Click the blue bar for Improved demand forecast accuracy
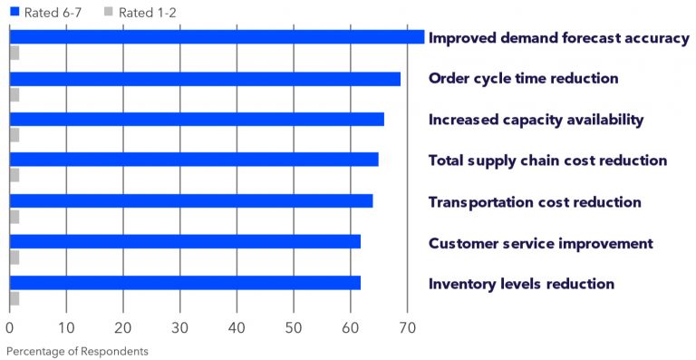(x=217, y=37)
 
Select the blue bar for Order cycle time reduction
(x=205, y=79)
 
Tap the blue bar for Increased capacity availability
(x=197, y=120)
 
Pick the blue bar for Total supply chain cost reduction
(x=194, y=160)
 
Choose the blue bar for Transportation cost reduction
(x=191, y=200)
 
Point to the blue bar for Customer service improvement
(x=185, y=241)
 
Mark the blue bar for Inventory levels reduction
(x=185, y=283)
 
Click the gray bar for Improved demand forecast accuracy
(x=14, y=53)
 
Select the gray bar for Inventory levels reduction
(x=14, y=298)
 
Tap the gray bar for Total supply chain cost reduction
(x=14, y=175)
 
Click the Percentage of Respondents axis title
(x=76, y=350)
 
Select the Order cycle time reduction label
(x=523, y=79)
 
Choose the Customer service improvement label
(x=540, y=243)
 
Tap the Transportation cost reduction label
(x=535, y=202)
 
